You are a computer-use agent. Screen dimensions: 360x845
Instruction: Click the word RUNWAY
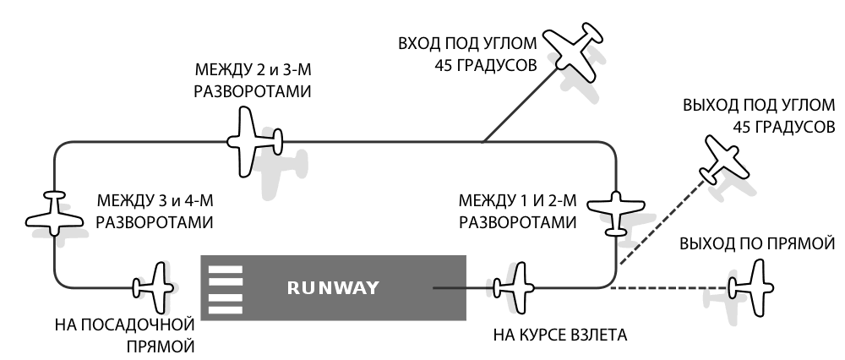coord(332,288)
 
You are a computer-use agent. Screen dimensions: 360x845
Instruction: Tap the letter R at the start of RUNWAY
coord(293,288)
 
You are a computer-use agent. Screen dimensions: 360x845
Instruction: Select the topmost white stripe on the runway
coord(226,270)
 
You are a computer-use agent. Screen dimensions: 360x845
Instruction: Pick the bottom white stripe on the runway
coord(226,309)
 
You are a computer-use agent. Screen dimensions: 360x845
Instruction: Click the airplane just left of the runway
coord(155,288)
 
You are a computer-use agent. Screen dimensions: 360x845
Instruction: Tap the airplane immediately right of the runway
coord(515,288)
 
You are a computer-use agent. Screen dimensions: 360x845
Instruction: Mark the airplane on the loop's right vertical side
coord(616,211)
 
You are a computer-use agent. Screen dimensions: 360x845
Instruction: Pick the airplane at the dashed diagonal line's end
coord(724,159)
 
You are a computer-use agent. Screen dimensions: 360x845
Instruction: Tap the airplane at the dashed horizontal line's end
coord(751,288)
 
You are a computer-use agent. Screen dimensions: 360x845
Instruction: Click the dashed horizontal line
coord(668,288)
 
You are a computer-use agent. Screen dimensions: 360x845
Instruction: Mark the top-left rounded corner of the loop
coord(58,146)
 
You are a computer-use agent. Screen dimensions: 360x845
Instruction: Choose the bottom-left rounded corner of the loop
coord(58,284)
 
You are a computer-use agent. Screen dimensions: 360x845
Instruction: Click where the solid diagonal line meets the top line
coord(484,142)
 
